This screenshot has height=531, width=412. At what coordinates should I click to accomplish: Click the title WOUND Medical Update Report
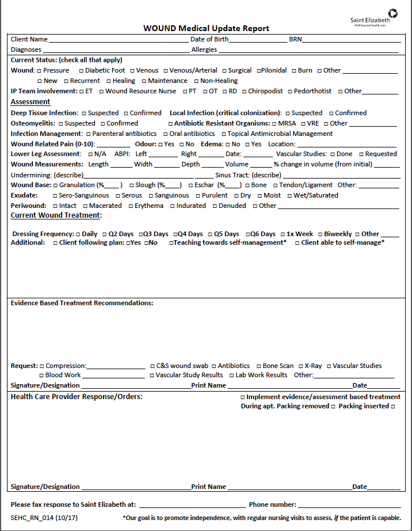206,29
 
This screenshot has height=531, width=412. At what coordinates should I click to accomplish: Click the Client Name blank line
119,40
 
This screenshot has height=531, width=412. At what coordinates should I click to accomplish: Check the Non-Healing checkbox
196,81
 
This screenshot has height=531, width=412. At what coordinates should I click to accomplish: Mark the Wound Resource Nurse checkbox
101,92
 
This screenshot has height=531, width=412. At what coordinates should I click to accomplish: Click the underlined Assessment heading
30,102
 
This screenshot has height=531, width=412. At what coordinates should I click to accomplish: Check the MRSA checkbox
274,124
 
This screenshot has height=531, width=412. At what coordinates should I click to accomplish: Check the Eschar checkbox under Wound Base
189,185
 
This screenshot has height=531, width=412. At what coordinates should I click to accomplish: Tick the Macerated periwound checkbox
85,206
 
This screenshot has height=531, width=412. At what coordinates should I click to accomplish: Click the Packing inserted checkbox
393,407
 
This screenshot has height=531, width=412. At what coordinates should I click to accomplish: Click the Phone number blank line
349,505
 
